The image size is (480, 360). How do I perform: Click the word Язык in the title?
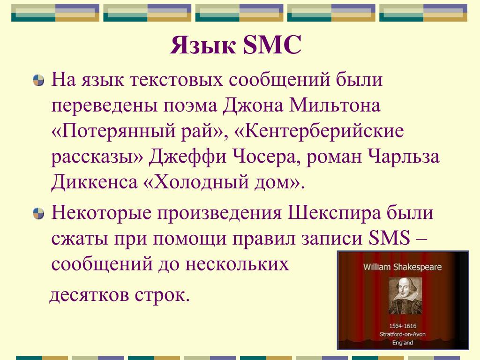click(x=202, y=45)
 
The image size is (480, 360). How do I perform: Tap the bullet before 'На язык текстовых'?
click(x=38, y=81)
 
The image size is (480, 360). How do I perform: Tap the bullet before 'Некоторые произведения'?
click(x=38, y=213)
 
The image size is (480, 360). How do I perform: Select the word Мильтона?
click(x=335, y=105)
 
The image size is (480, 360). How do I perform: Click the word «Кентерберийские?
click(x=319, y=131)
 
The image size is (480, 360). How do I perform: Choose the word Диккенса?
click(x=94, y=182)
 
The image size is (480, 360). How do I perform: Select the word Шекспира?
click(x=334, y=213)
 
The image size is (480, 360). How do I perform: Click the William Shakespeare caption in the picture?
click(x=403, y=267)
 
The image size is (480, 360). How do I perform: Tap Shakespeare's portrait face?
click(x=404, y=289)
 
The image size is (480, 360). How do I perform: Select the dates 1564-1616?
click(x=403, y=326)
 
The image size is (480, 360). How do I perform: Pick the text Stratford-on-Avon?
click(x=403, y=334)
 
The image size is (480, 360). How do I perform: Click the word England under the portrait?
click(x=403, y=343)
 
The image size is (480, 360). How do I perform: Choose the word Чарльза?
click(x=404, y=157)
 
